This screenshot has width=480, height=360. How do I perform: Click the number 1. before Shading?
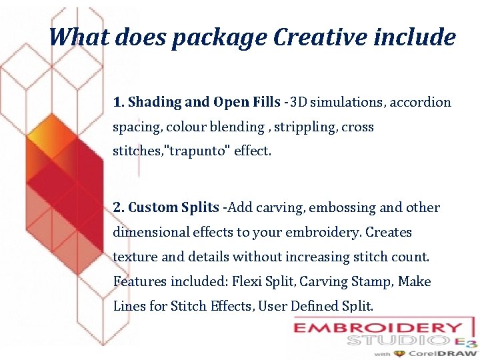coord(119,103)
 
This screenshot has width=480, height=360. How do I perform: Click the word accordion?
coord(420,103)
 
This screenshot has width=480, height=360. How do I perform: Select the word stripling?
coord(307,127)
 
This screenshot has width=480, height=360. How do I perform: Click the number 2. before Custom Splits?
coord(119,207)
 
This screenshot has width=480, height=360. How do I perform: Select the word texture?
coord(135,257)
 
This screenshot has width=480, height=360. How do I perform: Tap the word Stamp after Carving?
coord(373,281)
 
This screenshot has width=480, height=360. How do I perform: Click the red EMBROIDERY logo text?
coord(378,329)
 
